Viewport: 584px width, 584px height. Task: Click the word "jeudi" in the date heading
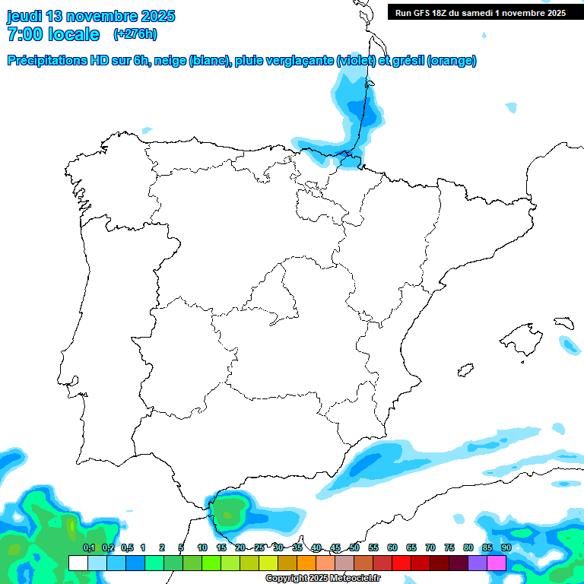point(24,16)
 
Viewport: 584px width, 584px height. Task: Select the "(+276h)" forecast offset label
point(135,34)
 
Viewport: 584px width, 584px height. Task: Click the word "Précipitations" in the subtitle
point(46,61)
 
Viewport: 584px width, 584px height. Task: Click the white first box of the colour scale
point(78,563)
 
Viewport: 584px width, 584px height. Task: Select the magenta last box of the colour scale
point(497,563)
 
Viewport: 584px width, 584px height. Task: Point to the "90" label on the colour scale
point(506,547)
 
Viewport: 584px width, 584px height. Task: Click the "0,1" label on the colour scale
point(88,547)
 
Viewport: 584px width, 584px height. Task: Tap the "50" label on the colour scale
point(354,547)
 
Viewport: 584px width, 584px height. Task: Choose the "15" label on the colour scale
point(221,547)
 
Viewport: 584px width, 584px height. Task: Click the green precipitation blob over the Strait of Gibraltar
point(230,509)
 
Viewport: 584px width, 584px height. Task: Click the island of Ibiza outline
point(465,370)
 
